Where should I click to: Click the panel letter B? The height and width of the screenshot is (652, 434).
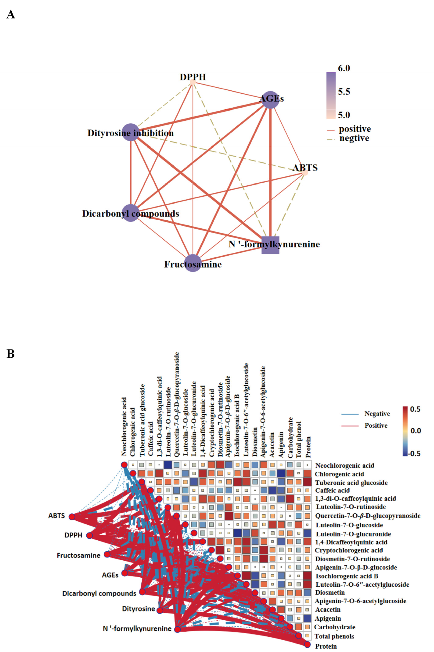point(11,354)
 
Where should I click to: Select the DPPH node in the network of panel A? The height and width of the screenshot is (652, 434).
point(193,82)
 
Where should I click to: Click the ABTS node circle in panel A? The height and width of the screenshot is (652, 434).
point(305,173)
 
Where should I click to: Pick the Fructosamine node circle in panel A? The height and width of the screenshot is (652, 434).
point(193,263)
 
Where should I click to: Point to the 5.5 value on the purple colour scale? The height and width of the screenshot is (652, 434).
point(344,92)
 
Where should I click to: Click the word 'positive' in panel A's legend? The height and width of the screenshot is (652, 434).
point(355,129)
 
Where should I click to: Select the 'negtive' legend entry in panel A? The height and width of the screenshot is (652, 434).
point(354,138)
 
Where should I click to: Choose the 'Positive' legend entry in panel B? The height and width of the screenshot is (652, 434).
point(376,426)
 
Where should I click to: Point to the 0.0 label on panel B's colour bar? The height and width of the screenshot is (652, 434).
point(415,431)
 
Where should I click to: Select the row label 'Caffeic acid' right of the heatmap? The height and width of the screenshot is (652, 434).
point(332,491)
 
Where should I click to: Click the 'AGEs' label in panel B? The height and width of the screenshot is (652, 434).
point(110,575)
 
